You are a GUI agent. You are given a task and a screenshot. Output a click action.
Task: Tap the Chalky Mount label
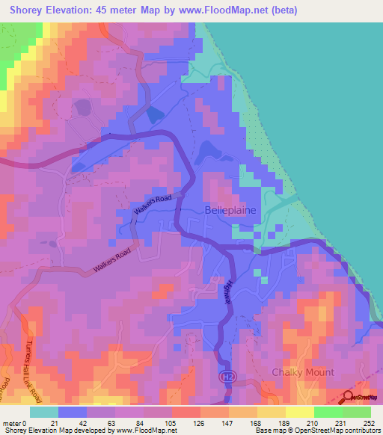click(303, 372)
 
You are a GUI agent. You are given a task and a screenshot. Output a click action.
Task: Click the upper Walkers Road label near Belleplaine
click(153, 206)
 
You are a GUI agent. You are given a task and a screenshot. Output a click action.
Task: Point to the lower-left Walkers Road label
click(111, 260)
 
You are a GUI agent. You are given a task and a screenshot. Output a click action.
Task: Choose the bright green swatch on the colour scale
click(328, 412)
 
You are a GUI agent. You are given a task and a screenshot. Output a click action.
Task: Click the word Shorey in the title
click(29, 10)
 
